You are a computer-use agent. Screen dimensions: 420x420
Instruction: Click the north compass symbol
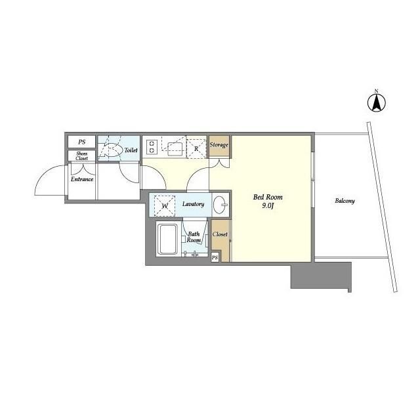pyautogui.click(x=376, y=102)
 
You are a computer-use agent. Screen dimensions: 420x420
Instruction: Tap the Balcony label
pyautogui.click(x=345, y=201)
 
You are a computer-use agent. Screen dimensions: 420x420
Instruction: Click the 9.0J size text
pyautogui.click(x=268, y=205)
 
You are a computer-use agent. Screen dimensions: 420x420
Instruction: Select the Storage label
pyautogui.click(x=219, y=145)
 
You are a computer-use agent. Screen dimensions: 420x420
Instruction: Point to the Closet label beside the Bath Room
pyautogui.click(x=220, y=234)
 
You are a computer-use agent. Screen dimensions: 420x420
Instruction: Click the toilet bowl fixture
pyautogui.click(x=111, y=150)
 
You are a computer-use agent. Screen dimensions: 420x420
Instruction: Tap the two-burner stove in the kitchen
pyautogui.click(x=152, y=147)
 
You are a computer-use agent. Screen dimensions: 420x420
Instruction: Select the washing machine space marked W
pyautogui.click(x=165, y=205)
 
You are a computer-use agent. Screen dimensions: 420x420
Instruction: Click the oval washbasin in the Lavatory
pyautogui.click(x=220, y=205)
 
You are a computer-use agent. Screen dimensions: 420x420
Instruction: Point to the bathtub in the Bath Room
pyautogui.click(x=167, y=239)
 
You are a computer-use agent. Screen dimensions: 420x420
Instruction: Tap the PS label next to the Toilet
pyautogui.click(x=81, y=142)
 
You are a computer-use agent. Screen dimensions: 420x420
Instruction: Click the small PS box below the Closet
pyautogui.click(x=215, y=257)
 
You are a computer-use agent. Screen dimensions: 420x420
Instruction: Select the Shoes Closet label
pyautogui.click(x=81, y=156)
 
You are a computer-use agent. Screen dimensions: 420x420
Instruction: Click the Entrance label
pyautogui.click(x=82, y=179)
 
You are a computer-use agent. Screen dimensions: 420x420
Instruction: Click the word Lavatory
pyautogui.click(x=193, y=204)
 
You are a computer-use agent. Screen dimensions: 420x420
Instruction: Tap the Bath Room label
pyautogui.click(x=194, y=237)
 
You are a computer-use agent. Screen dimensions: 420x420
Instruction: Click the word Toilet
pyautogui.click(x=131, y=150)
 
